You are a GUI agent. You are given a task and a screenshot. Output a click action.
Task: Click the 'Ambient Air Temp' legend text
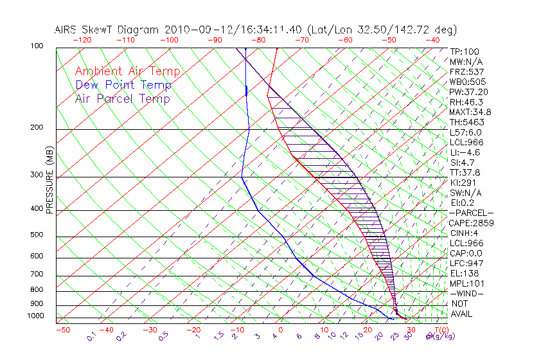127,71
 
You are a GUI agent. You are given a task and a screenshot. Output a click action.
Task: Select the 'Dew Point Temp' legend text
123,85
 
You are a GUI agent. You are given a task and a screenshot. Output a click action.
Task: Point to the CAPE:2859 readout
470,223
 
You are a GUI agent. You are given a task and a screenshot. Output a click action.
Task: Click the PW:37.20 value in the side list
468,92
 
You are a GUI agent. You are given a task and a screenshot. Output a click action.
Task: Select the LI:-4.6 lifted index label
465,152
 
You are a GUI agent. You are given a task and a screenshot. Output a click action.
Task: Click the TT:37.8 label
465,172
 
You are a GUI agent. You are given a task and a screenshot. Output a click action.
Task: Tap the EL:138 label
464,273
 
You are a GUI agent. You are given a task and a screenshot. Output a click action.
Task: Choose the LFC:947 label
466,264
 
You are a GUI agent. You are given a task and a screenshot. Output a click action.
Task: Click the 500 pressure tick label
37,235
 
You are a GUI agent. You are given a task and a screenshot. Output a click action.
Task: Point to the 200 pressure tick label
37,128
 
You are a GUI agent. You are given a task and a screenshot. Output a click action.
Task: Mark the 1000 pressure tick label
36,316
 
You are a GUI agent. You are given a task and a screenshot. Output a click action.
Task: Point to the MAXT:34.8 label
470,112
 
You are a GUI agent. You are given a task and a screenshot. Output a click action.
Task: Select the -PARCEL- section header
471,213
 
